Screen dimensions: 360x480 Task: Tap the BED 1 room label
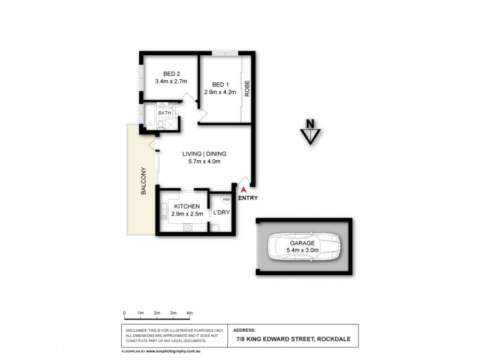pyautogui.click(x=220, y=84)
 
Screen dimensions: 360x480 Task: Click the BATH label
pyautogui.click(x=164, y=113)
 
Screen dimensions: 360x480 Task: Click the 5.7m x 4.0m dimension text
pyautogui.click(x=202, y=161)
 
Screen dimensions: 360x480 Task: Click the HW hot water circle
pyautogui.click(x=226, y=200)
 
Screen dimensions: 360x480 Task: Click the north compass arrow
pyautogui.click(x=310, y=135)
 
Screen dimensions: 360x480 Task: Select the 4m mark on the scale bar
pyautogui.click(x=189, y=313)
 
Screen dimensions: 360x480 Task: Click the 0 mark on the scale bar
pyautogui.click(x=124, y=313)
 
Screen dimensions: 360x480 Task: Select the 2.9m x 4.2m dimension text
pyautogui.click(x=220, y=92)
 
